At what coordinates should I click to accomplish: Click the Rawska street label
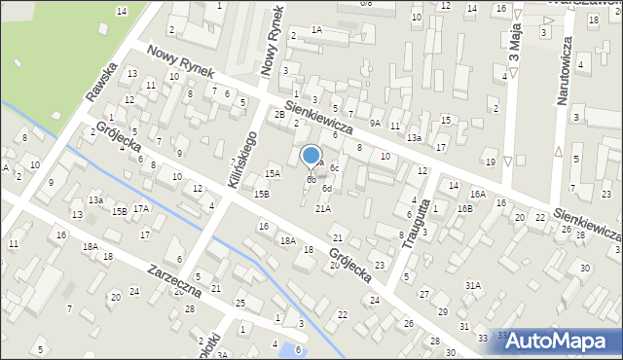[101, 82]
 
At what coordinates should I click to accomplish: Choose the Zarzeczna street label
[175, 277]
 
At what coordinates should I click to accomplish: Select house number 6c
[334, 167]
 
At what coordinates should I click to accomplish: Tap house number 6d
[328, 188]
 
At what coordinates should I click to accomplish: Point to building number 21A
[323, 208]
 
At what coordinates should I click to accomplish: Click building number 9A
[375, 124]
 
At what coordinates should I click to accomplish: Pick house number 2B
[279, 115]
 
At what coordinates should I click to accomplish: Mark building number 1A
[316, 30]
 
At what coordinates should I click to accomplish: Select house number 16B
[464, 208]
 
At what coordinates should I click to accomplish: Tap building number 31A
[473, 285]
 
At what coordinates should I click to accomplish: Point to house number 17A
[141, 208]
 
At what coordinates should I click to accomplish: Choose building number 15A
[273, 174]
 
